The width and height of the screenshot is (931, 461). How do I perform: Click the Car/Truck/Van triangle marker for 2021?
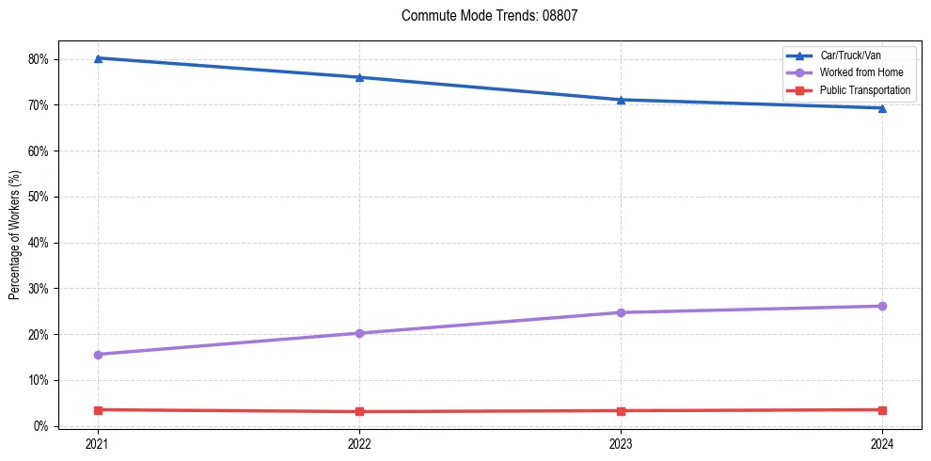98,58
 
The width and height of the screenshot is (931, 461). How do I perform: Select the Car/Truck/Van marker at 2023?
621,100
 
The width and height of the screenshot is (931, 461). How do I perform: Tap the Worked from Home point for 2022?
359,333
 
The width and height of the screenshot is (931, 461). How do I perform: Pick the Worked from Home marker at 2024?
882,306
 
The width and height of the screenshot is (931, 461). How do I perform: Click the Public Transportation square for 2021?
98,410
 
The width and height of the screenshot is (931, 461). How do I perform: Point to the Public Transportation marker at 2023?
621,411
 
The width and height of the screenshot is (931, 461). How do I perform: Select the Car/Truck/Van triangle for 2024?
882,108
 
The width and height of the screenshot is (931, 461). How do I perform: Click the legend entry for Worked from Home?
861,72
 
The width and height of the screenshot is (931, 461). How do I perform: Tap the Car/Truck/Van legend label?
850,56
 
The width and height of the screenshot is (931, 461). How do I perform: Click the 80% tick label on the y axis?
39,59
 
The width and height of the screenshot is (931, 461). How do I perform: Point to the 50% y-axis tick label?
39,197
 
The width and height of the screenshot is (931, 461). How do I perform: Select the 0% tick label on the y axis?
42,426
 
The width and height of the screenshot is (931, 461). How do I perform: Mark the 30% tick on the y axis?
39,289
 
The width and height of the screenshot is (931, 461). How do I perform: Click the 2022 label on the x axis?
359,442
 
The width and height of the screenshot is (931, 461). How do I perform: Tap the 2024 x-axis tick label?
882,442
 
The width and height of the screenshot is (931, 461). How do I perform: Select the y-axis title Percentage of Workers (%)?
15,234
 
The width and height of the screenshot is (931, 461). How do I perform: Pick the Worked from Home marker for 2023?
621,312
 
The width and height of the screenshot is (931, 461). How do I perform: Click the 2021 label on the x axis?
98,442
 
